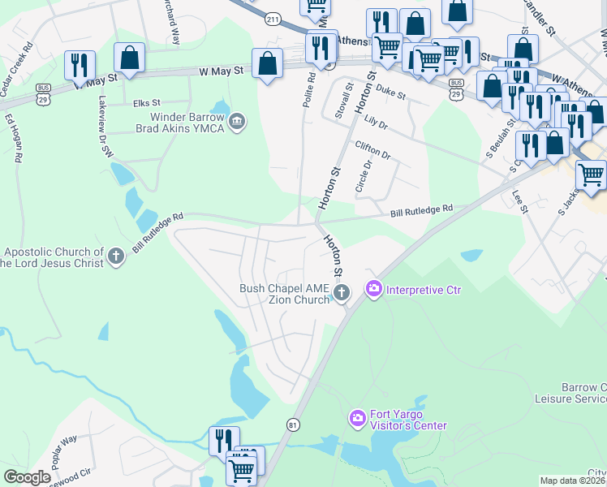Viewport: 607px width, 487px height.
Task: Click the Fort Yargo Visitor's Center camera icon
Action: click(x=357, y=419)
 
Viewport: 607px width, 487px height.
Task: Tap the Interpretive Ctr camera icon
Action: click(x=374, y=288)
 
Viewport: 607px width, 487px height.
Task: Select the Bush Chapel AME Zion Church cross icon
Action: click(x=342, y=292)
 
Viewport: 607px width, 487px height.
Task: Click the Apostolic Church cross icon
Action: click(x=116, y=256)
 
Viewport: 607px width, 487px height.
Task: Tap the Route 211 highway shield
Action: click(x=273, y=19)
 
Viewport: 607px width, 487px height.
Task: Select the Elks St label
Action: click(x=147, y=103)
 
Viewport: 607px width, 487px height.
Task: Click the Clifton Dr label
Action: click(x=372, y=149)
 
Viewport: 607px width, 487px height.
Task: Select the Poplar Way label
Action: click(x=64, y=450)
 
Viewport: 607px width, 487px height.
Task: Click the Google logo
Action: click(x=27, y=477)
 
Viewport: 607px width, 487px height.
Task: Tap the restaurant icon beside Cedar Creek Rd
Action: click(x=80, y=62)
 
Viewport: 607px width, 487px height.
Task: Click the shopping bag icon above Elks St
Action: click(x=129, y=57)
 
